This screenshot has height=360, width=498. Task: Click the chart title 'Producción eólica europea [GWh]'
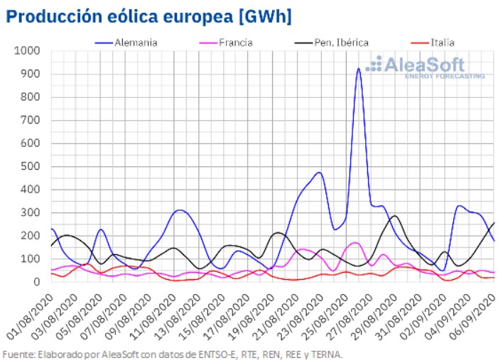click(x=148, y=16)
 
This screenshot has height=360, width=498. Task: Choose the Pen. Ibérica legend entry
click(x=340, y=42)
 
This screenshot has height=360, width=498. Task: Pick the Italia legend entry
click(x=441, y=42)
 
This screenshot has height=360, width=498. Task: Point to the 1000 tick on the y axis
click(x=28, y=51)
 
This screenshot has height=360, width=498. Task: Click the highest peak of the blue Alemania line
click(x=359, y=69)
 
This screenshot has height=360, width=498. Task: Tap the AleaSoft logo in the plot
click(x=425, y=67)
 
